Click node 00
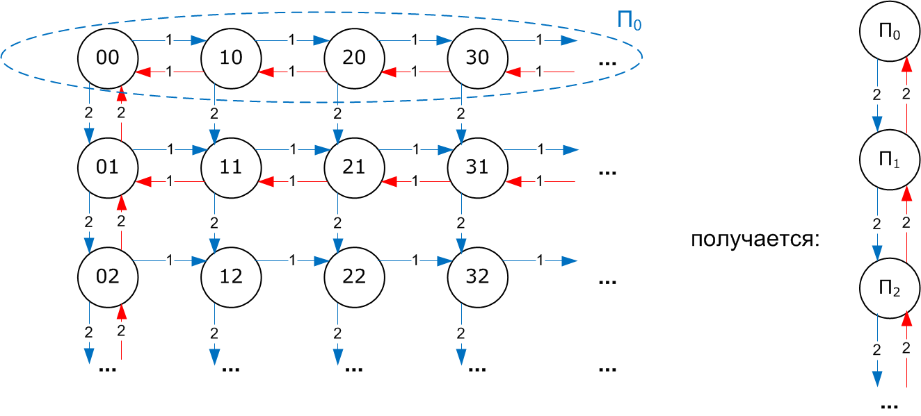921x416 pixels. (x=107, y=57)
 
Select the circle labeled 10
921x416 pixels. (x=230, y=57)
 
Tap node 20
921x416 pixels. (x=354, y=57)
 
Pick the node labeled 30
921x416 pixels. (x=477, y=57)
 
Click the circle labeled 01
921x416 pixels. (x=107, y=167)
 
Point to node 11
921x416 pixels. (x=230, y=167)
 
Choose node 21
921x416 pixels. (x=354, y=167)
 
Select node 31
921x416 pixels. (x=477, y=167)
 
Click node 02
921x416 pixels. (x=107, y=276)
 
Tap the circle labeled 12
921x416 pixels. (x=230, y=276)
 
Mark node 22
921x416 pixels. (x=354, y=276)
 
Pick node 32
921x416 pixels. (x=477, y=276)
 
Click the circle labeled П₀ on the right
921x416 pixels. (x=889, y=33)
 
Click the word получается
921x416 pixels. (x=755, y=240)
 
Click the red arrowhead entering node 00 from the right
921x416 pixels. (x=144, y=72)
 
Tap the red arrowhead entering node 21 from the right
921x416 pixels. (x=390, y=181)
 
